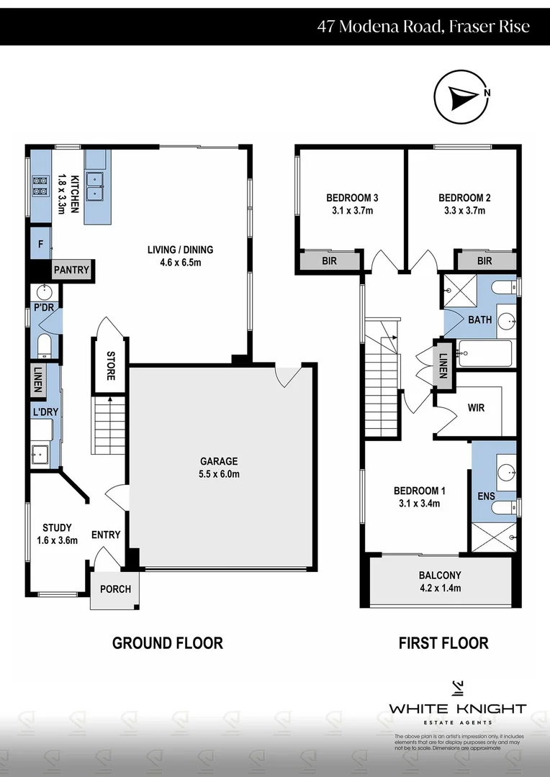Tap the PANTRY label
[72, 271]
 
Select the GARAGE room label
[220, 461]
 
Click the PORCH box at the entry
[115, 589]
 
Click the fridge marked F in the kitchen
[41, 245]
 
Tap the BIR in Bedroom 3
[328, 261]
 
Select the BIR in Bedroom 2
[484, 261]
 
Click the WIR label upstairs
[476, 408]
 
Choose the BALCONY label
[440, 576]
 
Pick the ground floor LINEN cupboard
[37, 380]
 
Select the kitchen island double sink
[96, 185]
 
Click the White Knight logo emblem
[458, 688]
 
